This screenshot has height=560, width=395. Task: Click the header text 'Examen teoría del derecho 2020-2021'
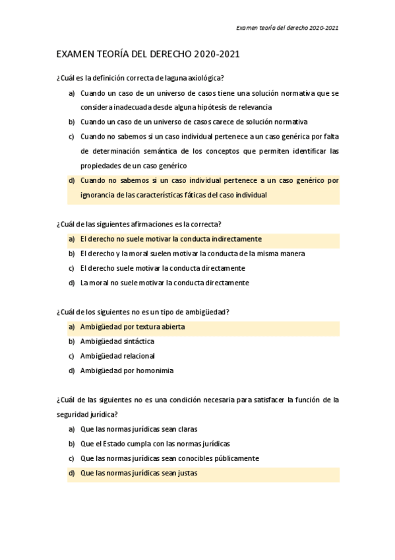(x=288, y=28)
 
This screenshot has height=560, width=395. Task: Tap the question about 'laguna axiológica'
(x=140, y=78)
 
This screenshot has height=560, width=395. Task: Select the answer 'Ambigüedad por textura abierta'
(x=132, y=327)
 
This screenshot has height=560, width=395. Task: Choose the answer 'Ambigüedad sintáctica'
(x=117, y=341)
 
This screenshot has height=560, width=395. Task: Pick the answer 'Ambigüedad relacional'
(x=117, y=356)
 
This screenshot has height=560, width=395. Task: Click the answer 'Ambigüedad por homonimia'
(x=127, y=370)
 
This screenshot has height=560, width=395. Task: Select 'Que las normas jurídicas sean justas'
(x=138, y=473)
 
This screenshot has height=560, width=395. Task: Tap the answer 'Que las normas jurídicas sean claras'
(x=138, y=429)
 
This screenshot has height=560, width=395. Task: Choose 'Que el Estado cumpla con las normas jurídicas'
(x=155, y=444)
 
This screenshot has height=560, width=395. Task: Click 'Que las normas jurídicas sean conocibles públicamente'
(x=169, y=458)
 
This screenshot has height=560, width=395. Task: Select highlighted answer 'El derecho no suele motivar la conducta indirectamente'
(x=171, y=239)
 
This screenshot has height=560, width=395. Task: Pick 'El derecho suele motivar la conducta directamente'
(x=162, y=268)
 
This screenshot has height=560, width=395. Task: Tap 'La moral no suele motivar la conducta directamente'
(x=164, y=283)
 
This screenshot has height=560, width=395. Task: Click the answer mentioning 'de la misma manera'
(x=192, y=254)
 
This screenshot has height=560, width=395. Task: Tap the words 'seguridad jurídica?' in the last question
(x=88, y=415)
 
